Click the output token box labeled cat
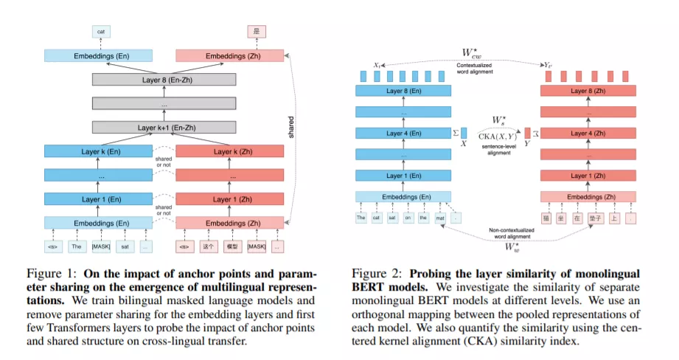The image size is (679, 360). point(100,32)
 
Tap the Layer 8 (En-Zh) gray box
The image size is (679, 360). point(164,80)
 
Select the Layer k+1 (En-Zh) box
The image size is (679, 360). point(164,127)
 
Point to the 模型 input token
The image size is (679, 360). point(231,245)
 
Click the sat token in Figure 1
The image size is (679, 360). point(125,245)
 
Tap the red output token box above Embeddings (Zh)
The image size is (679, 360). point(257,32)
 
